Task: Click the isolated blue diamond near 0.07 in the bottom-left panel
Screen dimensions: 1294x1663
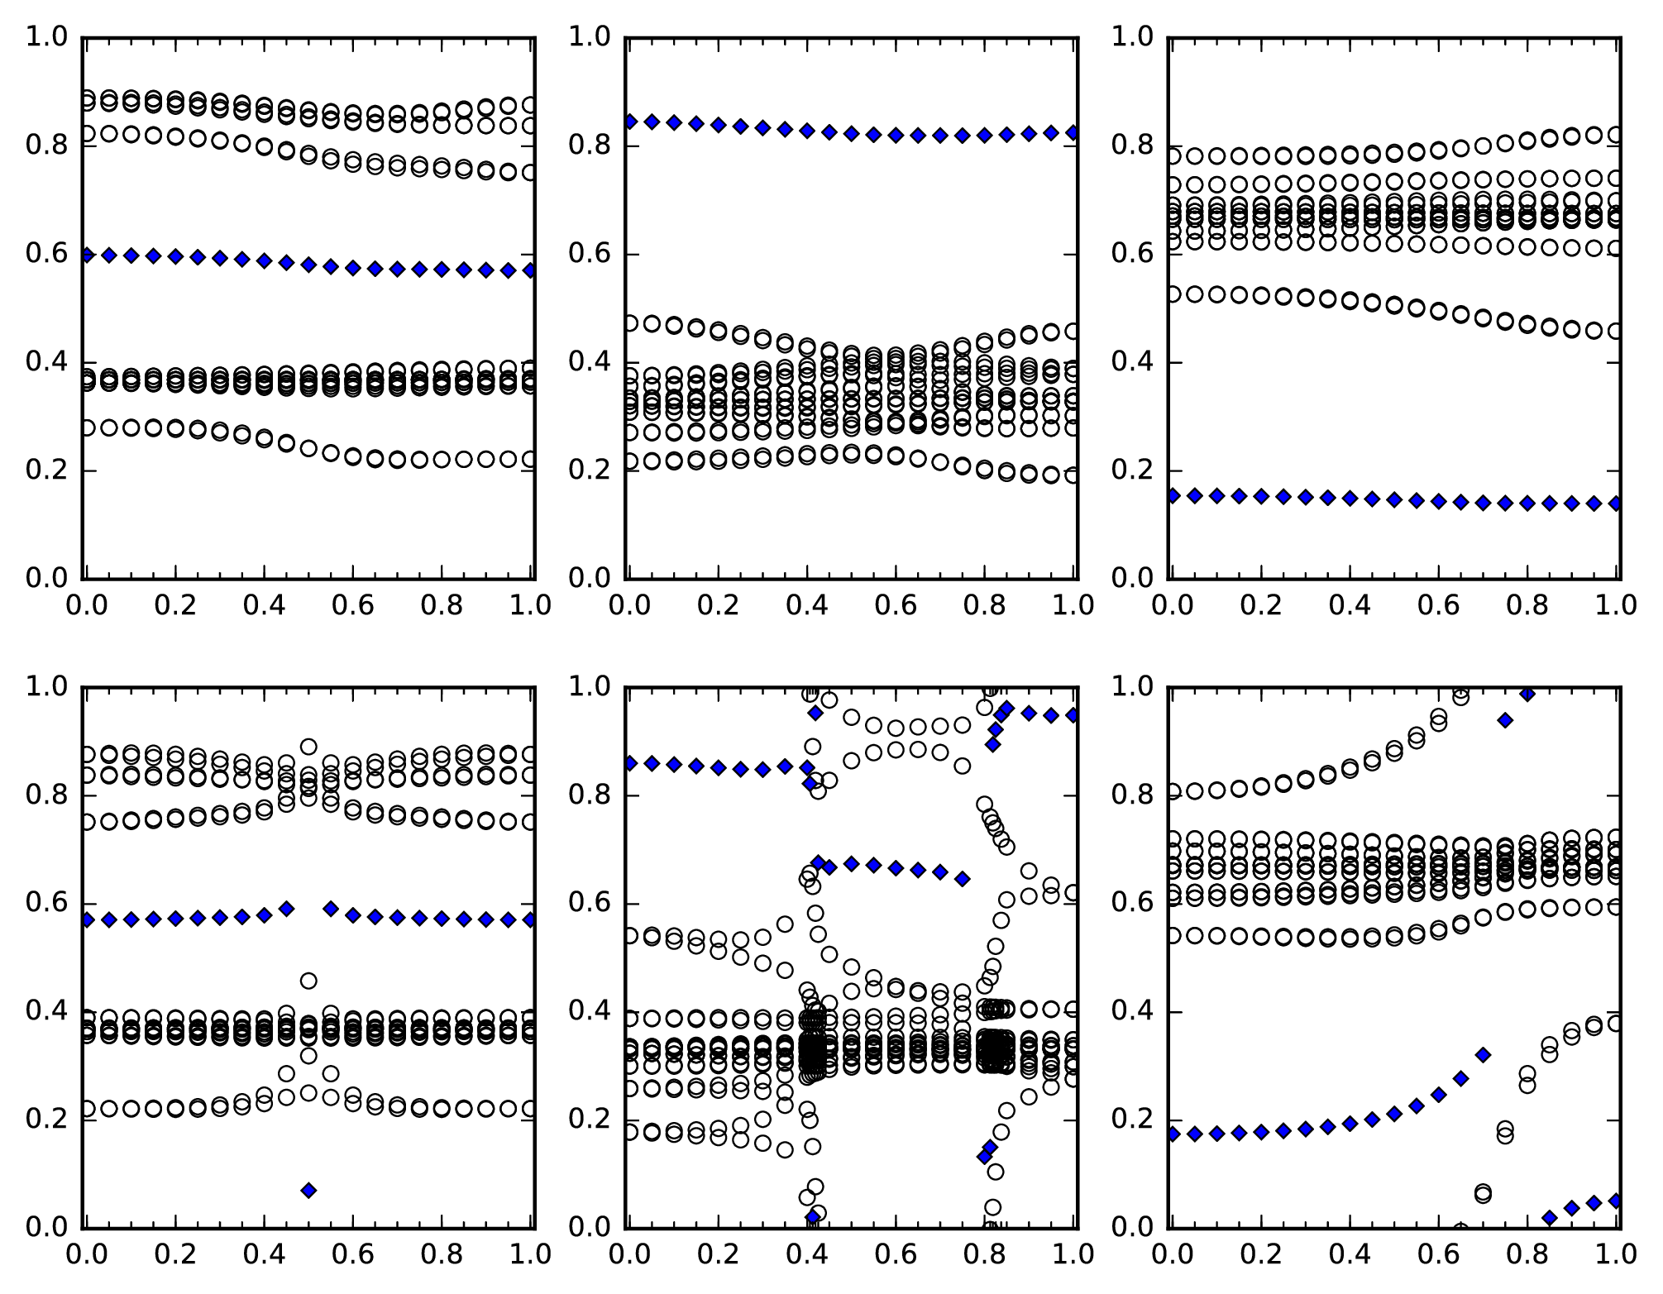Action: [x=308, y=1190]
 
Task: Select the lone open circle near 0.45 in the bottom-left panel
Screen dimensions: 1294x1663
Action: [x=308, y=981]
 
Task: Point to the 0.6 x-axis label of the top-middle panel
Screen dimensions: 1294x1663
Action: [x=896, y=605]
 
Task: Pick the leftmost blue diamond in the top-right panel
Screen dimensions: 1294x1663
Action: [x=1173, y=495]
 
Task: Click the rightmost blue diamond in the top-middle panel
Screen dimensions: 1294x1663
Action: [x=1073, y=132]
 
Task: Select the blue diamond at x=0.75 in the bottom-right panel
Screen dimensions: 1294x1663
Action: [x=1505, y=720]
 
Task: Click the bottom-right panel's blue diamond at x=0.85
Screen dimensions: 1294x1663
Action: [x=1550, y=1218]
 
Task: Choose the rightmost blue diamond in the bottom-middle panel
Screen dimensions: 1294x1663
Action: [x=1073, y=714]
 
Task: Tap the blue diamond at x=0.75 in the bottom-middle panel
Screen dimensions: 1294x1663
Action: [x=963, y=879]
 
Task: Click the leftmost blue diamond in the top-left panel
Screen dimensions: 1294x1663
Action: [x=87, y=255]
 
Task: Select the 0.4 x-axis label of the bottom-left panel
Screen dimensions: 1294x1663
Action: [x=265, y=1254]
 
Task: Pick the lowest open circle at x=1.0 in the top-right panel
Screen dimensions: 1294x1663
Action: [x=1616, y=331]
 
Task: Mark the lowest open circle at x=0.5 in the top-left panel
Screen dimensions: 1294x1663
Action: [x=308, y=448]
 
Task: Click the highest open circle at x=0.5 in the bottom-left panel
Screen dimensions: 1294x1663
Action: [x=308, y=747]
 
